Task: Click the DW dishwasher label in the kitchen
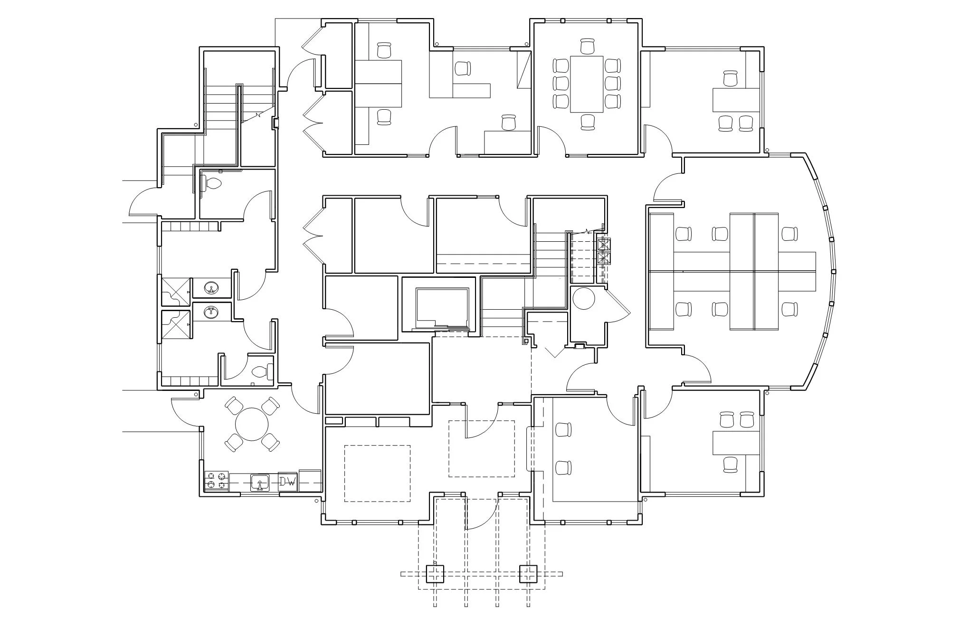[x=287, y=482]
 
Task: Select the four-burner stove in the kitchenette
[x=216, y=481]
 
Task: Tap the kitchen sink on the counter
[x=260, y=482]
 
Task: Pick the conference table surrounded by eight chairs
[x=587, y=84]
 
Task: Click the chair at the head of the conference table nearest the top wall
[x=588, y=47]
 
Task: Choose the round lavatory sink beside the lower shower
[x=211, y=312]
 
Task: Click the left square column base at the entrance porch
[x=435, y=574]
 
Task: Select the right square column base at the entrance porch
[x=528, y=574]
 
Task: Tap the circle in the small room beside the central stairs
[x=583, y=298]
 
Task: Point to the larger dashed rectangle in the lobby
[x=377, y=473]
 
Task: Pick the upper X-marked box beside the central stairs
[x=604, y=245]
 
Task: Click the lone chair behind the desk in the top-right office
[x=731, y=78]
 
